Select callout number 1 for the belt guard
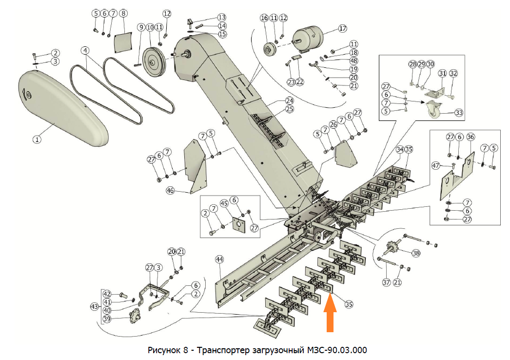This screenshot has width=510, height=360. (37, 139)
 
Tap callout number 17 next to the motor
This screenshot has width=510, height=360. (342, 28)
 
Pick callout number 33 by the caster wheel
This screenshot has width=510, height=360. (459, 113)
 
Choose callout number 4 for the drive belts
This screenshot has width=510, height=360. (85, 50)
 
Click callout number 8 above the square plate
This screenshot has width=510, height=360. (123, 13)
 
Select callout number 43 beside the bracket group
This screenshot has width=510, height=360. (95, 306)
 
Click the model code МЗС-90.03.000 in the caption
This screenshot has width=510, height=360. (337, 350)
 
